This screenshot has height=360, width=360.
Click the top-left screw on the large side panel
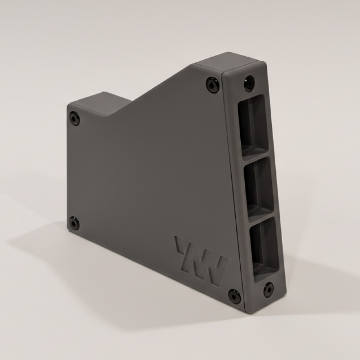point(75,118)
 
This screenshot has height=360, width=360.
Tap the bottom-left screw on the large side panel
point(74,222)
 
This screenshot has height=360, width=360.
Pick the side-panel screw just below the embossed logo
point(234,295)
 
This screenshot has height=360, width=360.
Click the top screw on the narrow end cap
point(249,83)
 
